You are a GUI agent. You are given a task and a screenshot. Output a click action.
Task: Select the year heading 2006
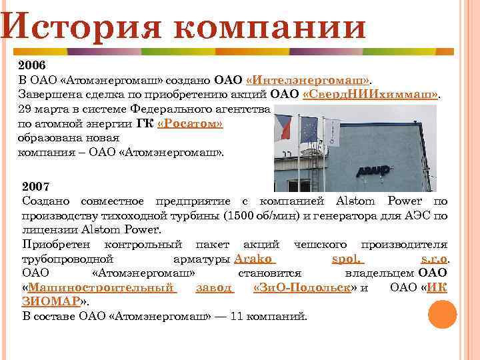[33, 66]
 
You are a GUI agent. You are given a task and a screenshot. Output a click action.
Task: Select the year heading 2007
[36, 185]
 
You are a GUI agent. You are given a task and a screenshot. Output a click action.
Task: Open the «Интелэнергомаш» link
[309, 81]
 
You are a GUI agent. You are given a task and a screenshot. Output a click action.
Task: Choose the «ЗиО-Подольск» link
[303, 287]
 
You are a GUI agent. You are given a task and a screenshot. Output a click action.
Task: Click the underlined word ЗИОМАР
[50, 301]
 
